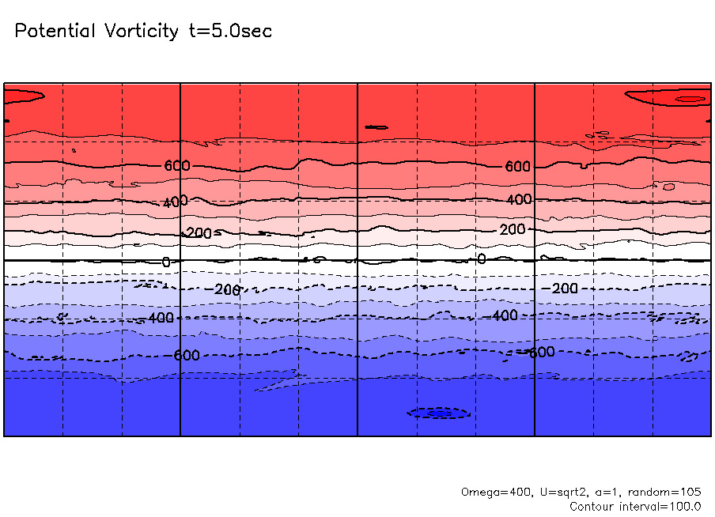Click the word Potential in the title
pyautogui.click(x=55, y=32)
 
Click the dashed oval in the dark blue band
pyautogui.click(x=437, y=413)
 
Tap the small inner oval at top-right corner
pyautogui.click(x=690, y=99)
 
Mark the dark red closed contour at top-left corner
pyautogui.click(x=22, y=96)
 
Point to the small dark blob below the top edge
pyautogui.click(x=376, y=126)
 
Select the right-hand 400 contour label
pyautogui.click(x=519, y=199)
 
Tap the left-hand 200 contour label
pyautogui.click(x=199, y=234)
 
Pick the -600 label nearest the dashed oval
pyautogui.click(x=541, y=353)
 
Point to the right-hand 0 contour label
pyautogui.click(x=481, y=259)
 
